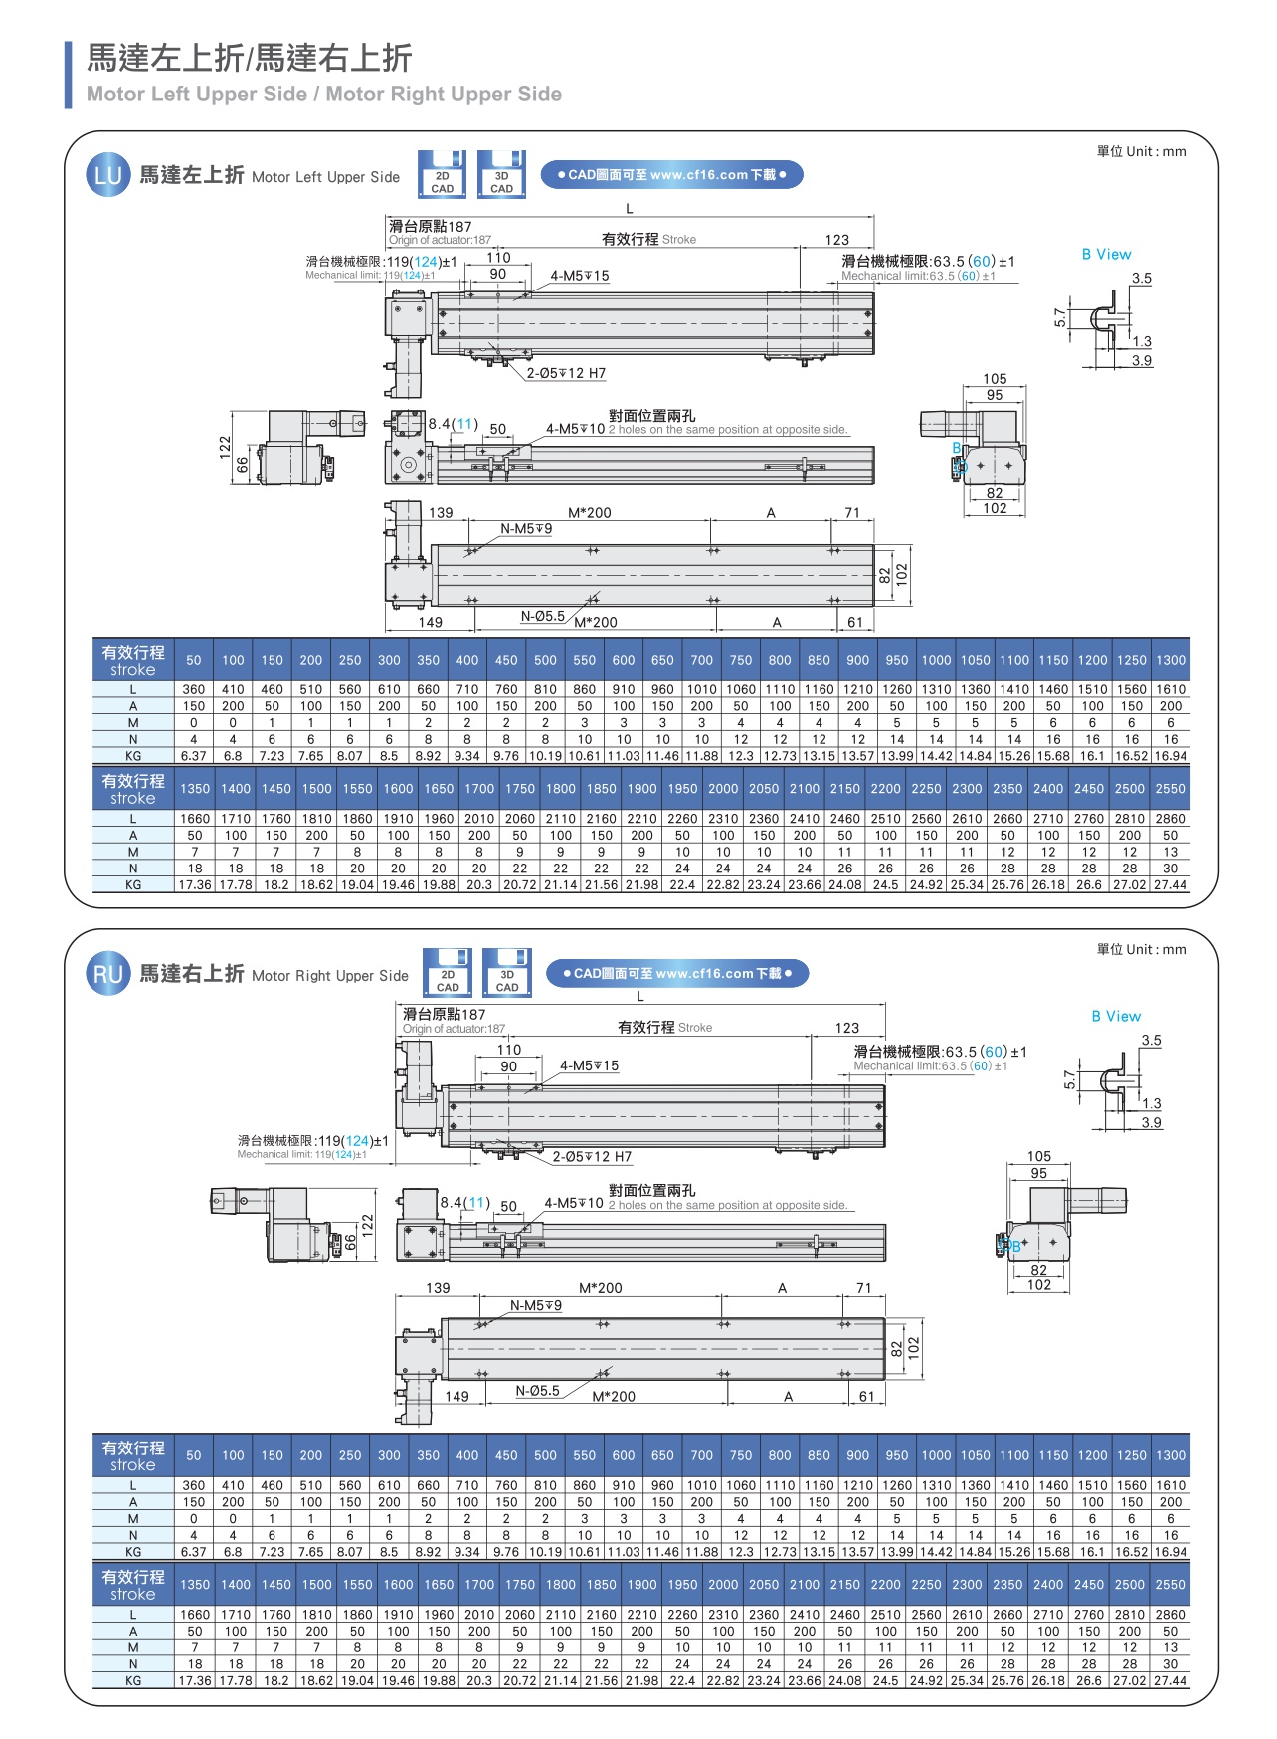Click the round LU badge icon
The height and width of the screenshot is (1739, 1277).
[x=107, y=176]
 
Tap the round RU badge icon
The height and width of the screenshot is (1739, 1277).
[x=107, y=974]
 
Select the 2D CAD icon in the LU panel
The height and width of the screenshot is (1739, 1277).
[x=442, y=174]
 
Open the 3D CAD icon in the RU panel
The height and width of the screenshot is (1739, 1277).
[x=507, y=973]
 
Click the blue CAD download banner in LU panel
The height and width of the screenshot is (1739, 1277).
[x=671, y=175]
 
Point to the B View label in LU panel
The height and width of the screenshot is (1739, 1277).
[x=1106, y=255]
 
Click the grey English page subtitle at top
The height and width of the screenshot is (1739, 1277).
[x=324, y=95]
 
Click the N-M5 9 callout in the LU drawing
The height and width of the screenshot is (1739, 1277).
[x=526, y=529]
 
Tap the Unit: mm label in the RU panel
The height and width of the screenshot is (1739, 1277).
[x=1141, y=950]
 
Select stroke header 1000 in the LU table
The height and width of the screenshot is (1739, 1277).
[x=936, y=660]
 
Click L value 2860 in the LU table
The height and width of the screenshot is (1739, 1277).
[x=1170, y=819]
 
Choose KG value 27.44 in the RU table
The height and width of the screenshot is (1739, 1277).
[x=1170, y=1680]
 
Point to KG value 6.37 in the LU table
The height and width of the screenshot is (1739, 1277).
[x=194, y=756]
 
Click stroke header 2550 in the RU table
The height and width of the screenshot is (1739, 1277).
[x=1170, y=1585]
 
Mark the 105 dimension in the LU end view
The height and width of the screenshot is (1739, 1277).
[x=995, y=379]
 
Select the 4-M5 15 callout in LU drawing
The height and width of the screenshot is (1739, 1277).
[x=580, y=276]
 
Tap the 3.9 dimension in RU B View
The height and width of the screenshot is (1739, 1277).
[x=1151, y=1123]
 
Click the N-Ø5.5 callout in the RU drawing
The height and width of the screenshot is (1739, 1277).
[x=537, y=1391]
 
